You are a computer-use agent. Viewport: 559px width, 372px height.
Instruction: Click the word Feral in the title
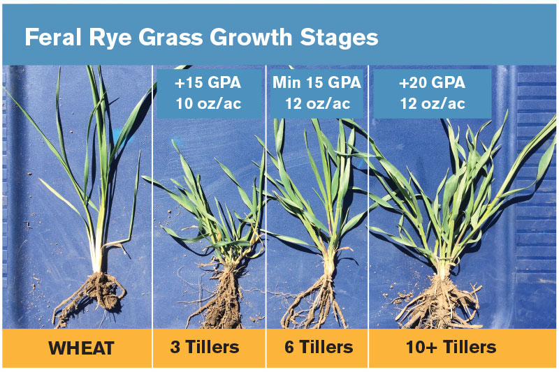[53, 38]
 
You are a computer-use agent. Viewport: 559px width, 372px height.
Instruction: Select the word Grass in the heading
[170, 38]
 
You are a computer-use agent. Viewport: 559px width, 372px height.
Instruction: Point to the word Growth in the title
[251, 38]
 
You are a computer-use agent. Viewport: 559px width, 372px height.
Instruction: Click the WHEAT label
[81, 348]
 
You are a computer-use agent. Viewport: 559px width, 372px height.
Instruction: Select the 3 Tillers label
[205, 347]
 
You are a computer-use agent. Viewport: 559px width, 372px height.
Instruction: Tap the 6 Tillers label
[319, 347]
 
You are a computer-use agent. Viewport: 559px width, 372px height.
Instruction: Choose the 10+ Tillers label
[451, 347]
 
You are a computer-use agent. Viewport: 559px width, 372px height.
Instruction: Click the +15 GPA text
[208, 82]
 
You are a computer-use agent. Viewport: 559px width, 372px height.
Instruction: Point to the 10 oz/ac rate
[208, 103]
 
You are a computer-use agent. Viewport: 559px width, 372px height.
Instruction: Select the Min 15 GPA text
[317, 82]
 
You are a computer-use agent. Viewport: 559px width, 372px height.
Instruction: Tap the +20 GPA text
[432, 82]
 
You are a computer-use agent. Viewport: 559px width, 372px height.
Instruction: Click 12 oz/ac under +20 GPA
[433, 103]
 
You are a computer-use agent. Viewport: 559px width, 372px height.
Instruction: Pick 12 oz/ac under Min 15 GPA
[317, 103]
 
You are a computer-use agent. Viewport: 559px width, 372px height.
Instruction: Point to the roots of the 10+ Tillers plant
[440, 303]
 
